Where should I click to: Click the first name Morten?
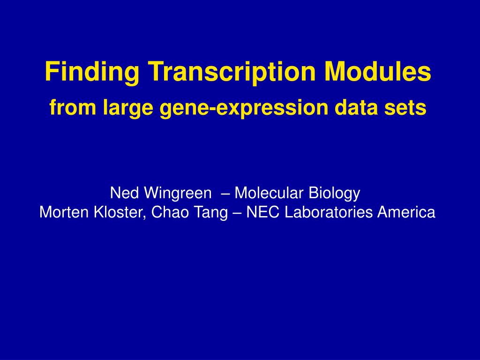tap(65, 212)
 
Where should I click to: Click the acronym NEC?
tap(263, 212)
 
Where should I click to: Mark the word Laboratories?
tap(329, 212)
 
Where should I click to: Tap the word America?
tap(406, 212)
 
